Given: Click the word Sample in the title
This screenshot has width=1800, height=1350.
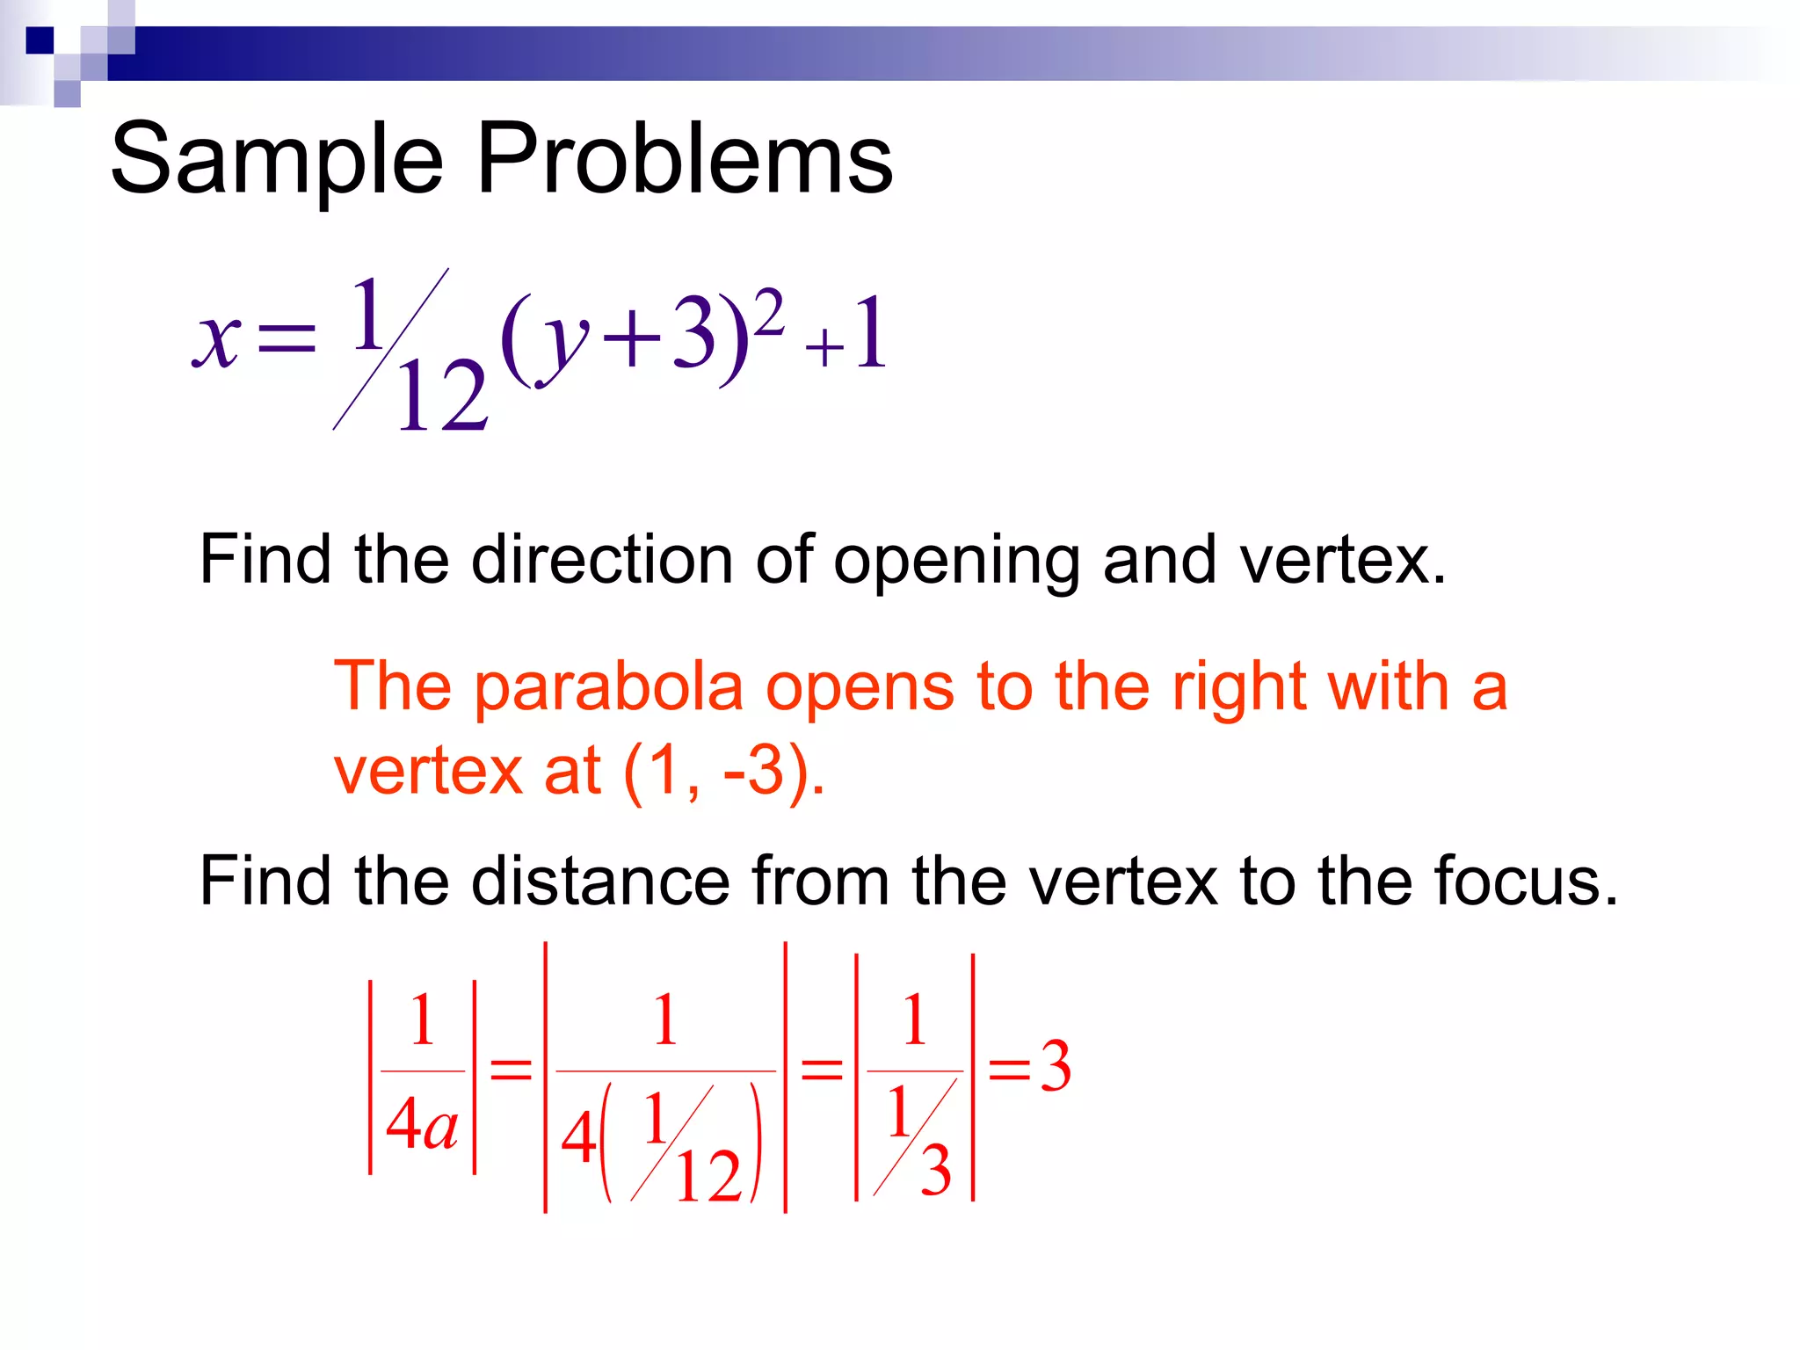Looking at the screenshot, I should click(x=277, y=160).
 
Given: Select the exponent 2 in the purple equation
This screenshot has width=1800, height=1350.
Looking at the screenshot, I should click(x=768, y=313).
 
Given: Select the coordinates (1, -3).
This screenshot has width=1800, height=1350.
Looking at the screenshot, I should click(x=724, y=771).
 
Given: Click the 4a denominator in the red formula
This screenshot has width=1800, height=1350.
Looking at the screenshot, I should click(x=422, y=1125).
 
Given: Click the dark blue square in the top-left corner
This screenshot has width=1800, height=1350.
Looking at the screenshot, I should click(x=40, y=40).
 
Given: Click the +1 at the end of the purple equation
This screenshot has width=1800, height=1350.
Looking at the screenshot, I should click(x=847, y=335).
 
